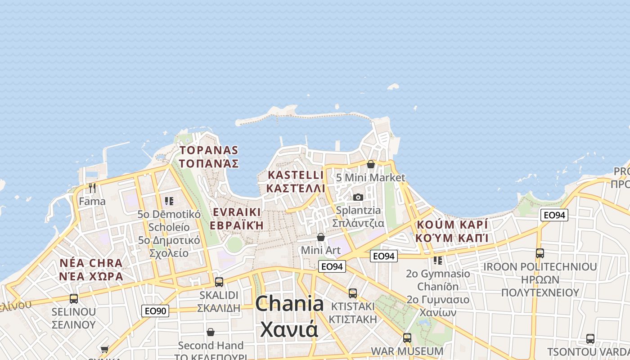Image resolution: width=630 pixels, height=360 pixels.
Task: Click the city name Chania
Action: [x=289, y=305]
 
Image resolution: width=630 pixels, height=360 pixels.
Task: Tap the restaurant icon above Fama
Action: [x=92, y=188]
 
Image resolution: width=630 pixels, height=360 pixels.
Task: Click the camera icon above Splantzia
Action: [x=358, y=197]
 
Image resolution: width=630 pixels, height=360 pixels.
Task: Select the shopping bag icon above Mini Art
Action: [x=321, y=237]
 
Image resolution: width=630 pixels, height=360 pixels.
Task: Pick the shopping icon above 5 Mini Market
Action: [x=370, y=164]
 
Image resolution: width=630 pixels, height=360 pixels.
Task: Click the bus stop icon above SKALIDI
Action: [x=219, y=282]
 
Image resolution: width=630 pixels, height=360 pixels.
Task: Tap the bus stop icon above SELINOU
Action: [x=74, y=298]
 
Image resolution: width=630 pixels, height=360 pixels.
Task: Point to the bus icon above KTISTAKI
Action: [x=353, y=293]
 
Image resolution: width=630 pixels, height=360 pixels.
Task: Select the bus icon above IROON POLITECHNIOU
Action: [x=540, y=253]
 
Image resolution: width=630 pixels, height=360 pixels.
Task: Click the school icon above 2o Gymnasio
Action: [x=437, y=260]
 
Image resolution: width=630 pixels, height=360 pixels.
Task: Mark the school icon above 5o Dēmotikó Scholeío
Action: [x=169, y=201]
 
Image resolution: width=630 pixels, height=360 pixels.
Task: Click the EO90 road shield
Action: [x=155, y=311]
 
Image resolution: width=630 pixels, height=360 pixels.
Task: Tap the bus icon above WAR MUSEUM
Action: [x=407, y=337]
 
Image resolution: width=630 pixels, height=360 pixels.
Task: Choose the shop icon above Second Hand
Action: [x=210, y=332]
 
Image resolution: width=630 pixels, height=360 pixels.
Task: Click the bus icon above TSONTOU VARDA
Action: [x=590, y=339]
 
